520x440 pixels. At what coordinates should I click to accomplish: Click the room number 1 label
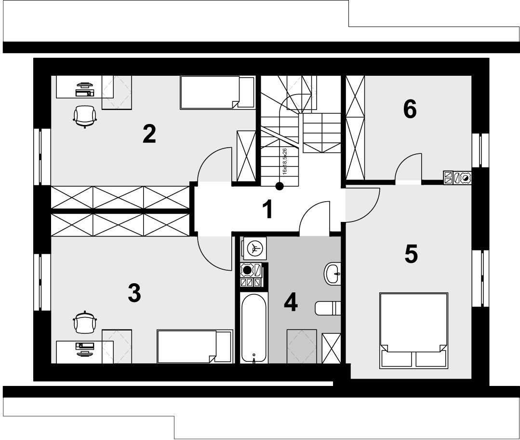tap(267, 209)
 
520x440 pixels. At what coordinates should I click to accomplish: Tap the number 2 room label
tap(149, 134)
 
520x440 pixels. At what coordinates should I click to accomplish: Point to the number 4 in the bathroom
tap(291, 302)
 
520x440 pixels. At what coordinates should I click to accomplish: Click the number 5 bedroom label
tap(411, 254)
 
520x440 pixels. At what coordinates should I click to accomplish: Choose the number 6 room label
tap(410, 109)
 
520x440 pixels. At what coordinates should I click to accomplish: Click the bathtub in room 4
tap(253, 328)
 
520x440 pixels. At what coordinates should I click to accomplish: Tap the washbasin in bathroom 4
tap(333, 274)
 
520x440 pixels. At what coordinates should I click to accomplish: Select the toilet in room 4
tap(328, 308)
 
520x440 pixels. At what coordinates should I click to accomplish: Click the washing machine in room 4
tap(254, 248)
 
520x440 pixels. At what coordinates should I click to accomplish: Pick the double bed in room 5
tap(414, 330)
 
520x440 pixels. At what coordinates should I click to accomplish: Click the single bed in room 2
tap(217, 93)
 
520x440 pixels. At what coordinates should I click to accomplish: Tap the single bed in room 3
tap(195, 346)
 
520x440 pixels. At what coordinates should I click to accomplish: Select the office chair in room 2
tap(85, 116)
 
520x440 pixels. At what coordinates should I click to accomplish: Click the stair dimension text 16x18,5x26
tap(284, 162)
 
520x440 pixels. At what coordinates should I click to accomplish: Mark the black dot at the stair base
tap(280, 186)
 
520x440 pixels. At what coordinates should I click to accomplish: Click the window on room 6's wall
tap(480, 150)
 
